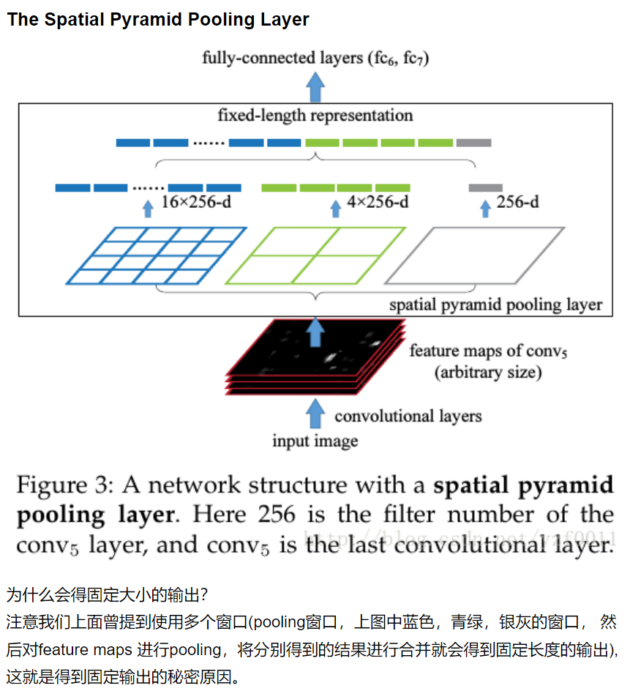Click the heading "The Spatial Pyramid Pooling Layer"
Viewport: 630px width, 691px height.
[158, 20]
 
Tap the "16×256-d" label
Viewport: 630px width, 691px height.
[196, 203]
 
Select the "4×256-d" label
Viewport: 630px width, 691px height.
[378, 202]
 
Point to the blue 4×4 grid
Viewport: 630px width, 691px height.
[156, 255]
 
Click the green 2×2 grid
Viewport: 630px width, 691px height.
[315, 255]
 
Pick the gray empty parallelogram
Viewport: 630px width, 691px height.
[474, 255]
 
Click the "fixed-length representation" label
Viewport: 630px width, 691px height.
[315, 116]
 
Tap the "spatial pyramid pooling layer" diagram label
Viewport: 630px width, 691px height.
[495, 305]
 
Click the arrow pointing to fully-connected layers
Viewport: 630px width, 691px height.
[315, 86]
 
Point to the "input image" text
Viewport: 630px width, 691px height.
[315, 441]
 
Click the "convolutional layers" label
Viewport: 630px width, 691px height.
[408, 417]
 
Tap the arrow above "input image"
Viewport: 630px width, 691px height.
[315, 414]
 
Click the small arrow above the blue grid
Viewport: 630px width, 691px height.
[148, 208]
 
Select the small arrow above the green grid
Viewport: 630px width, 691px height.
[336, 208]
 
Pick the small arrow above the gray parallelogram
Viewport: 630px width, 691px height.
[484, 208]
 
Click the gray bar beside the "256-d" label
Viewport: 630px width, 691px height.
[486, 188]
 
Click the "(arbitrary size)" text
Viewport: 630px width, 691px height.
[488, 373]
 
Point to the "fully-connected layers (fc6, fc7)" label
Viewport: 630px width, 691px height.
[315, 59]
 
